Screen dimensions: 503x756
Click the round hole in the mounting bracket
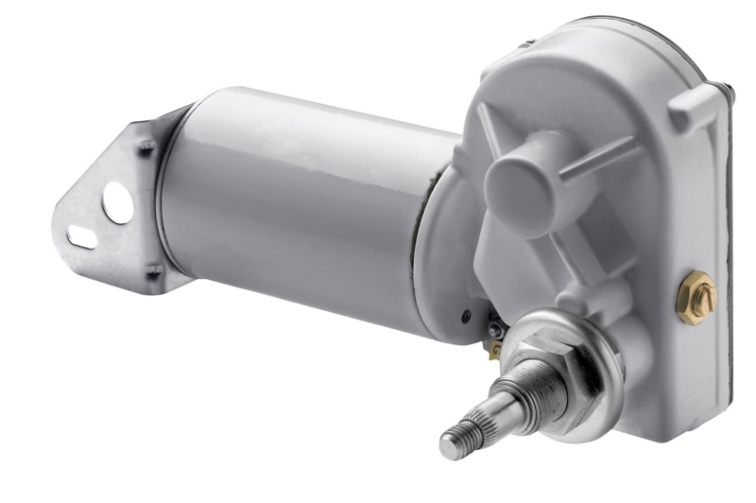point(117,201)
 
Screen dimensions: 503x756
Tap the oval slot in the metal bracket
point(81,236)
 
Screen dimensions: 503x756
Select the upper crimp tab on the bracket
point(146,147)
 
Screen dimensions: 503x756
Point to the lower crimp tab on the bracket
point(152,273)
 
